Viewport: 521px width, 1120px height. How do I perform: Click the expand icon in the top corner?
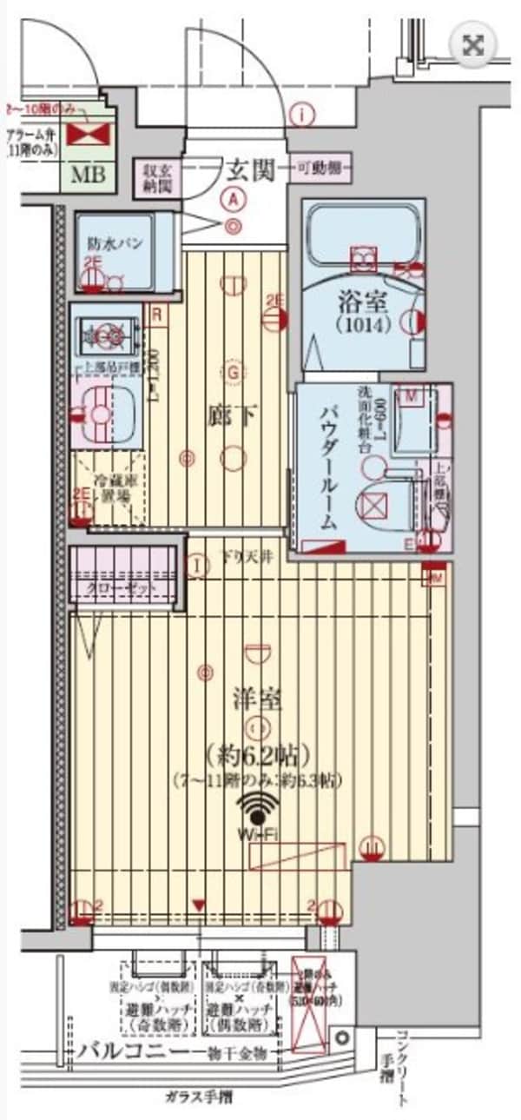coord(474,46)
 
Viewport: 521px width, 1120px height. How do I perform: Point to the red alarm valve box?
coord(85,133)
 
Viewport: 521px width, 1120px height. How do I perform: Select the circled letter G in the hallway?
coord(232,372)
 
